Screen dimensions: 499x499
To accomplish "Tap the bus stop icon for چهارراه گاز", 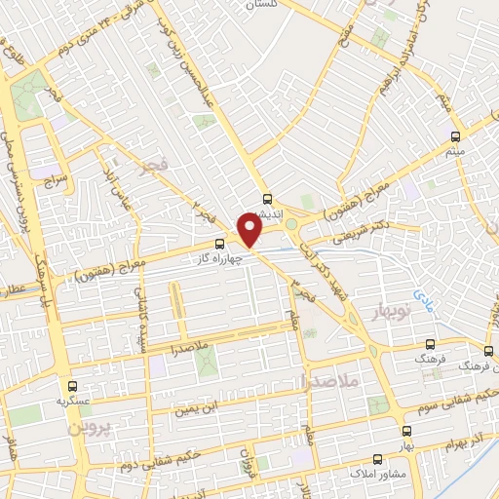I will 219,242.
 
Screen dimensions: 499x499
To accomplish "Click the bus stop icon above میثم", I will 453,136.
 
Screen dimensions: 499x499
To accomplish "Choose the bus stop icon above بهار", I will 406,428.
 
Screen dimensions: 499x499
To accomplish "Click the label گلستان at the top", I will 301,5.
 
